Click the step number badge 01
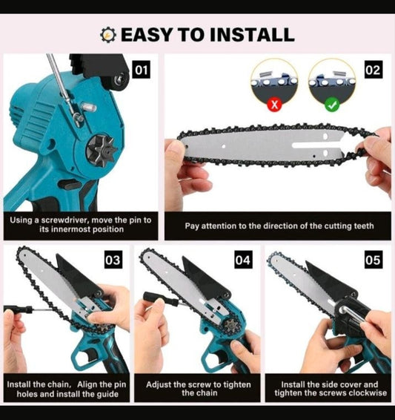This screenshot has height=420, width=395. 142,70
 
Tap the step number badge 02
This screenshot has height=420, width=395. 374,70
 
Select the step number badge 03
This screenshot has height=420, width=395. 113,260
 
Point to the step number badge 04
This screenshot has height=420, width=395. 243,260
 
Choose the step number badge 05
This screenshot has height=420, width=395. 374,260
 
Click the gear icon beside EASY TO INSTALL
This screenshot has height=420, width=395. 110,34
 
